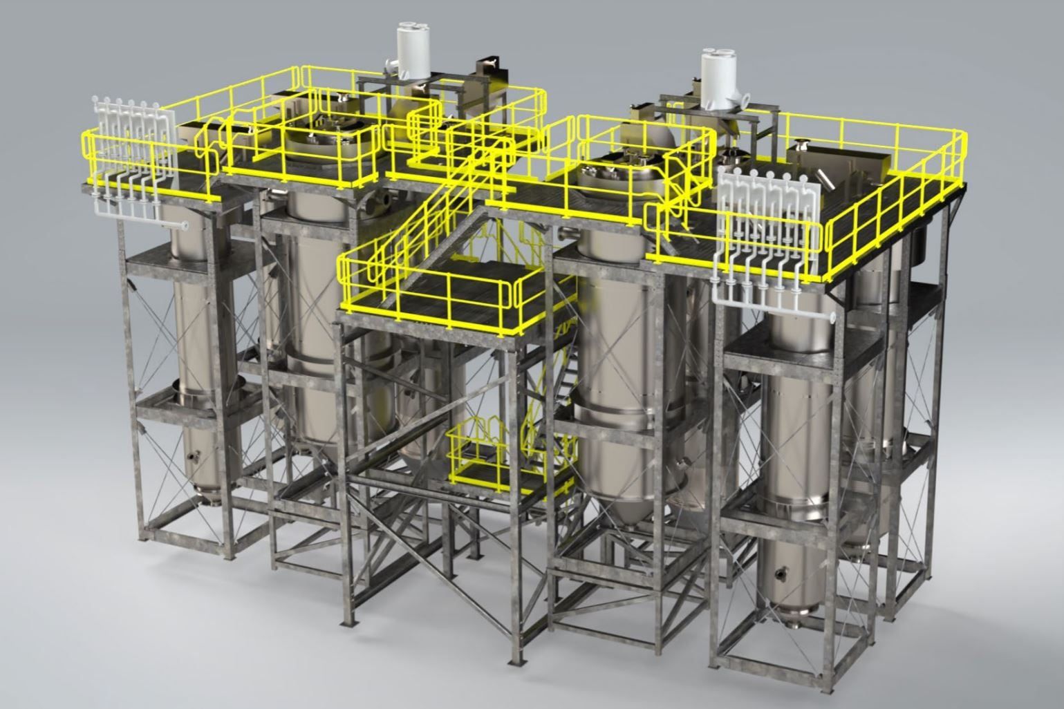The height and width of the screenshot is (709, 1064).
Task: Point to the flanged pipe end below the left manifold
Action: tap(185, 225)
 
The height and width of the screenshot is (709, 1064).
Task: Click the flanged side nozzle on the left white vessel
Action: tap(389, 66)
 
